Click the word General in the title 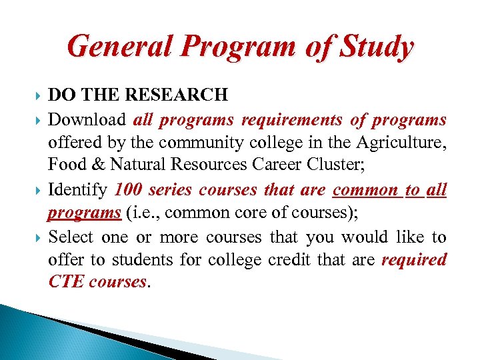click(x=118, y=47)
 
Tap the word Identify click(x=77, y=191)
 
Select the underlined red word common click(x=365, y=191)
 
